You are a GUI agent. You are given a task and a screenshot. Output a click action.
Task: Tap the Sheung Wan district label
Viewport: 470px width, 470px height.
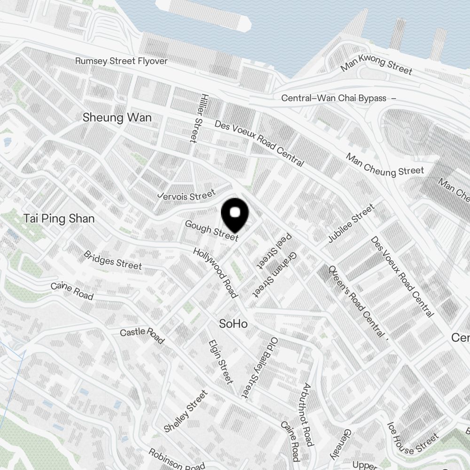pyautogui.click(x=117, y=117)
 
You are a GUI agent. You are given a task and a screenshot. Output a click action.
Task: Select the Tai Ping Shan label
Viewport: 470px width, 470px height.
pyautogui.click(x=59, y=219)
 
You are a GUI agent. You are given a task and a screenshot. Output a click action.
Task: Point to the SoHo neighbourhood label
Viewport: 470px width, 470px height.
pyautogui.click(x=234, y=324)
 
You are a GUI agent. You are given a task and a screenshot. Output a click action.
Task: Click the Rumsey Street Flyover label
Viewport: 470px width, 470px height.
pyautogui.click(x=121, y=61)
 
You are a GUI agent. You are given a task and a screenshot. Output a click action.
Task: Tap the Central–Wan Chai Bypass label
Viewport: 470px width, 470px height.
pyautogui.click(x=334, y=98)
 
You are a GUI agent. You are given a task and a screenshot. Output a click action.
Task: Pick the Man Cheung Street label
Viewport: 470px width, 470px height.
pyautogui.click(x=385, y=165)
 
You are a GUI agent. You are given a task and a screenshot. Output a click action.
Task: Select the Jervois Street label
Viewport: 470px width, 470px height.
pyautogui.click(x=187, y=195)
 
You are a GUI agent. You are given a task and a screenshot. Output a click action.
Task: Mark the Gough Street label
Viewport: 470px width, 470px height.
pyautogui.click(x=211, y=230)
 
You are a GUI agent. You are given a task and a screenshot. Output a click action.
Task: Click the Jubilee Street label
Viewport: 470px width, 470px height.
pyautogui.click(x=351, y=224)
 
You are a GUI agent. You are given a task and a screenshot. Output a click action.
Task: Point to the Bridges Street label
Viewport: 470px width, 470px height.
pyautogui.click(x=112, y=260)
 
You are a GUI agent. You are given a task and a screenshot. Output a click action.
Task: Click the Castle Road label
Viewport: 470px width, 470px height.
pyautogui.click(x=142, y=336)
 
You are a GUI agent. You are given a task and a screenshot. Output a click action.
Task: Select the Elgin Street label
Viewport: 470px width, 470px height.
pyautogui.click(x=220, y=361)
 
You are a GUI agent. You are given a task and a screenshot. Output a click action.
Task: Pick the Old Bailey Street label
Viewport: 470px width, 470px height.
pyautogui.click(x=259, y=367)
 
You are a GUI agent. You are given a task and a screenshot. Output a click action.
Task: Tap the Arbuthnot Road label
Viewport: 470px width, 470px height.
pyautogui.click(x=307, y=415)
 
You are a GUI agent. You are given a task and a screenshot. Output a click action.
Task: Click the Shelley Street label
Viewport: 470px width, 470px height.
pyautogui.click(x=186, y=411)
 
